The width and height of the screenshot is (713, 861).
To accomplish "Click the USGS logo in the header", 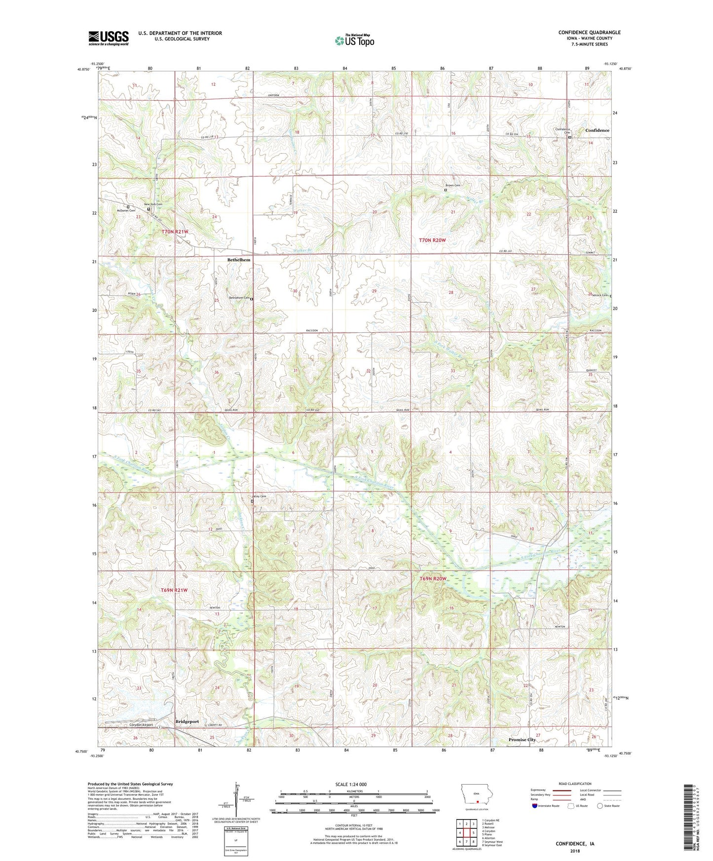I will click(x=108, y=38).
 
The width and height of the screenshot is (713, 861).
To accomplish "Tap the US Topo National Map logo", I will click(x=354, y=40).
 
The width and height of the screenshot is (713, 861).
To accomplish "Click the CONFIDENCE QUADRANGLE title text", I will click(x=589, y=33).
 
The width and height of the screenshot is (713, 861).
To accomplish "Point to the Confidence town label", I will click(x=597, y=130).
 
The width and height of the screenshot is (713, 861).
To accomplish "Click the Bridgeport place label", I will click(x=187, y=721).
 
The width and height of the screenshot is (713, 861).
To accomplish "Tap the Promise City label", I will click(x=522, y=740).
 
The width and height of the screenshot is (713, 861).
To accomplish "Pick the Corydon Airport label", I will click(x=141, y=725).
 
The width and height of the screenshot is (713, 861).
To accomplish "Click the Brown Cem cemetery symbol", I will click(x=446, y=190).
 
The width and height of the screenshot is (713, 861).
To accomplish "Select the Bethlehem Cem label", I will click(x=239, y=298).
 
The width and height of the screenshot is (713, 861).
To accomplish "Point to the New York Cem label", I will click(x=153, y=204).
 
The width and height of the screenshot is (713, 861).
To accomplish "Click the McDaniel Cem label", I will click(x=126, y=211).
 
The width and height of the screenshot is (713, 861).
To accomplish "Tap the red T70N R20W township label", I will click(x=432, y=240).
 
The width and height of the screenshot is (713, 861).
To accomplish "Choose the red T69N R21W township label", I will click(x=174, y=590).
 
